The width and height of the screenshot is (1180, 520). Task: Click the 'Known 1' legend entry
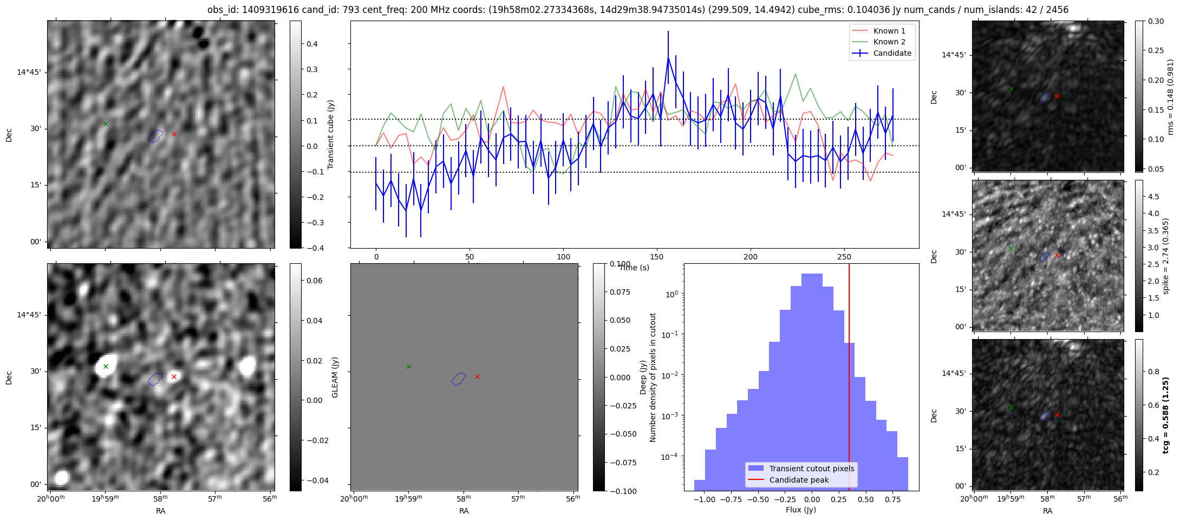[889, 31]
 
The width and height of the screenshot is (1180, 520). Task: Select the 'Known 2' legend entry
[889, 42]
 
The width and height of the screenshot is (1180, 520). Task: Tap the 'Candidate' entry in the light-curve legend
[892, 53]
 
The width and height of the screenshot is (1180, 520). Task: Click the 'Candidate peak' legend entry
[799, 480]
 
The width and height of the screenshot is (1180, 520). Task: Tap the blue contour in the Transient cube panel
[155, 136]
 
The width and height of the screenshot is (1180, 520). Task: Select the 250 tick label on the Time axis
[844, 257]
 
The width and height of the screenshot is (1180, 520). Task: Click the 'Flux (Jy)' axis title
[801, 510]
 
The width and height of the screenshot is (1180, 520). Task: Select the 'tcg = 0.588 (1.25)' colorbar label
[1166, 415]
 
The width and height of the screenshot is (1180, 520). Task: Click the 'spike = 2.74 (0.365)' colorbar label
[1166, 256]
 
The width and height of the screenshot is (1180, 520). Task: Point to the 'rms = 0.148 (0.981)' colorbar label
[1170, 96]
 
